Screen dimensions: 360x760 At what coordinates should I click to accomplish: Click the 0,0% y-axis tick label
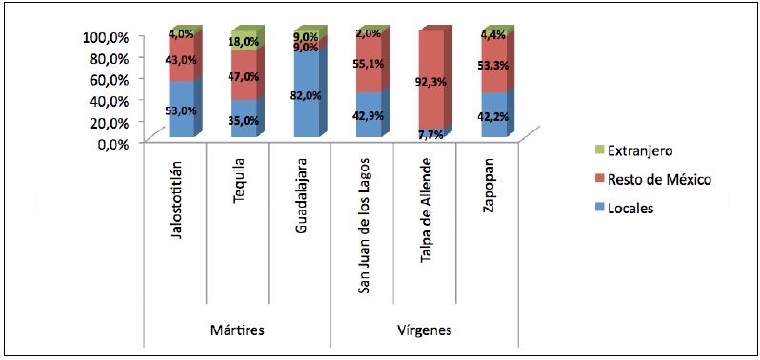pyautogui.click(x=112, y=144)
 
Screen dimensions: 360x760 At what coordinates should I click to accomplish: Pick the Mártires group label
pyautogui.click(x=236, y=330)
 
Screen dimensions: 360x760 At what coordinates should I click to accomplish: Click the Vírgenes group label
pyautogui.click(x=423, y=330)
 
